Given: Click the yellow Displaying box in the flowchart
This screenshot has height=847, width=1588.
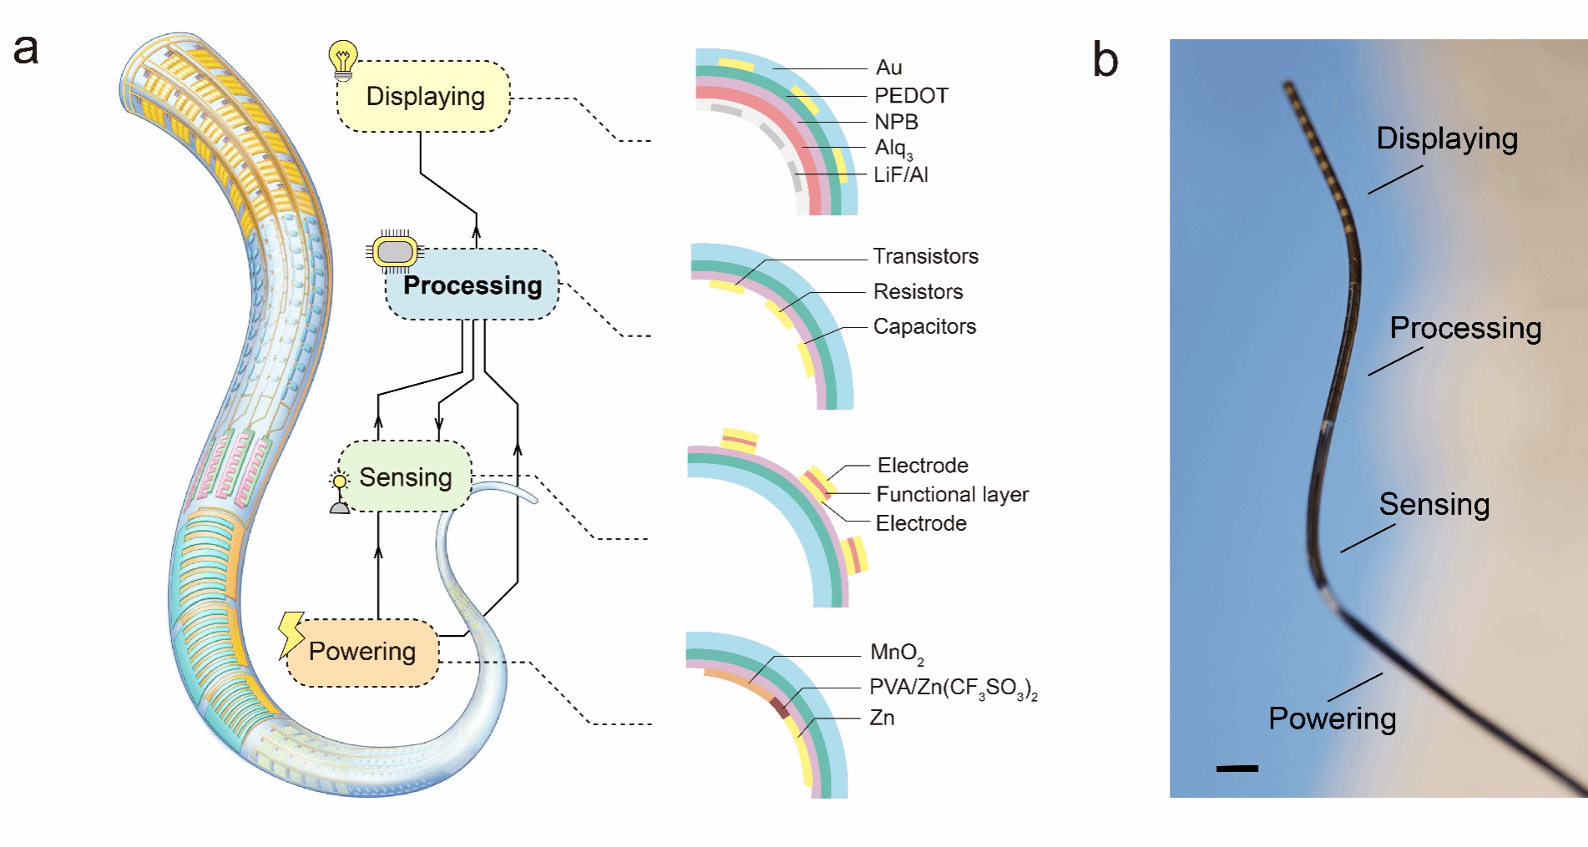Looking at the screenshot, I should (424, 97).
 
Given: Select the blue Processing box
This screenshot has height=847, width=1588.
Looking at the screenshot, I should (473, 285).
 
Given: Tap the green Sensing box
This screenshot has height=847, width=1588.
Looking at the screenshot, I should (405, 477).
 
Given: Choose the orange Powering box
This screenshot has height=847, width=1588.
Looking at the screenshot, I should (362, 652).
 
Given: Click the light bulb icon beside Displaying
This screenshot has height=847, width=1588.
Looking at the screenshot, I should (342, 60).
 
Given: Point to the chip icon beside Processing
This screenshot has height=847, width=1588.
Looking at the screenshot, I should (395, 251).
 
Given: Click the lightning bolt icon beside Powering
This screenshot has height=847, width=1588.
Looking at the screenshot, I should (291, 634).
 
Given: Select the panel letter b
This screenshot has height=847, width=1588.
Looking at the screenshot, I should (1105, 60).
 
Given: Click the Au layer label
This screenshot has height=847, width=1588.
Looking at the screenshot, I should (888, 68).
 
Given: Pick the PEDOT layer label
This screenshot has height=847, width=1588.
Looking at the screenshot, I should (911, 96).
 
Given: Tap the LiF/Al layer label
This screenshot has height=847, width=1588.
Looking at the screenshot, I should (900, 175).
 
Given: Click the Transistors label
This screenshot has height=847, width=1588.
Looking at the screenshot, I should (925, 256).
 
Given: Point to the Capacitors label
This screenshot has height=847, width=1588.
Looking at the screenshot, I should (924, 326).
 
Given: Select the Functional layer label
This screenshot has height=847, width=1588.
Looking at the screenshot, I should (952, 495).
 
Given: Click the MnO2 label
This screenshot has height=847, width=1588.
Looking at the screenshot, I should (896, 653).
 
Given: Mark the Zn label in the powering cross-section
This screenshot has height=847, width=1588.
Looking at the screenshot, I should (882, 718).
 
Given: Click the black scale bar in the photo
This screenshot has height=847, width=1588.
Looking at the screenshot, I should (1237, 768).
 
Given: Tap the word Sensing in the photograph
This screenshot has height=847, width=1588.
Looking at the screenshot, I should (1434, 505).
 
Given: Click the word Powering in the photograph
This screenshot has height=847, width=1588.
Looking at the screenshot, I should (1332, 718).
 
